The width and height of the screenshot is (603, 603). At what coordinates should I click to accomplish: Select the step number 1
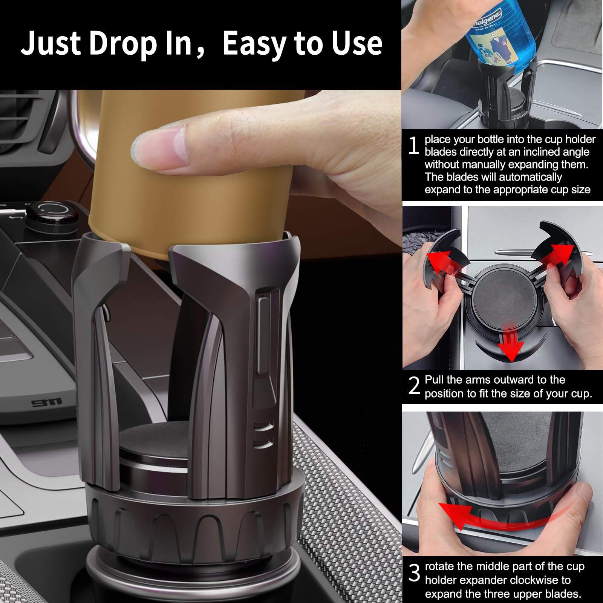(x=413, y=146)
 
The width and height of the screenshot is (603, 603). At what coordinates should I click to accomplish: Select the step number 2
(x=414, y=386)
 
